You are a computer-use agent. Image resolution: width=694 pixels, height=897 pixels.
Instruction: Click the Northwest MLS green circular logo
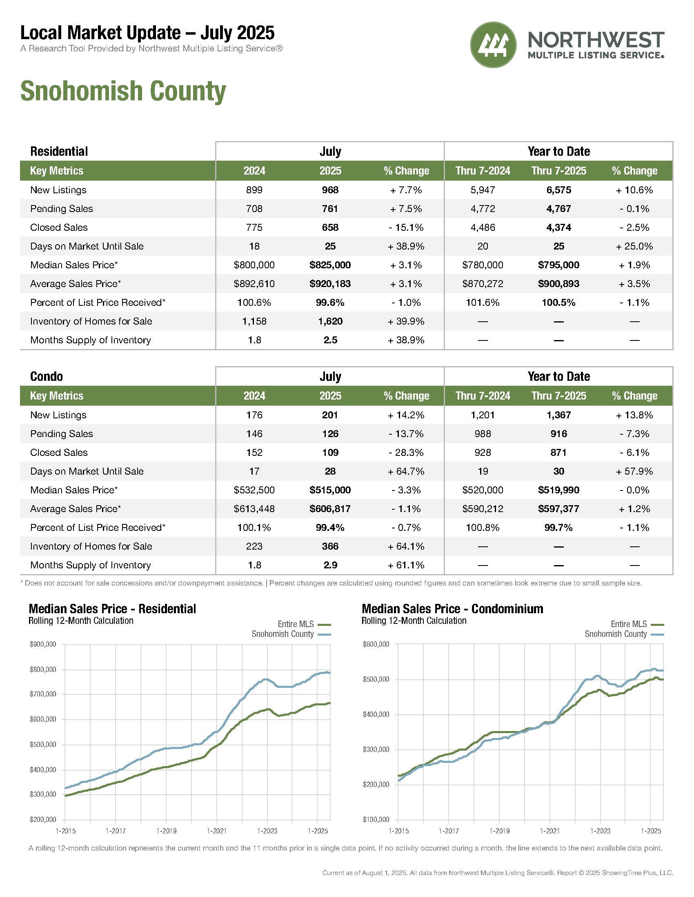click(x=493, y=45)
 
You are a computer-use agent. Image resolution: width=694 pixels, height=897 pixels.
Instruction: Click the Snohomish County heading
click(x=123, y=91)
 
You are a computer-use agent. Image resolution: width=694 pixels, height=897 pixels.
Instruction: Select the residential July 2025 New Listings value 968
click(x=330, y=190)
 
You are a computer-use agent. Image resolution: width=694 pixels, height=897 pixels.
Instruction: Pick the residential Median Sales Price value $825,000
click(x=330, y=265)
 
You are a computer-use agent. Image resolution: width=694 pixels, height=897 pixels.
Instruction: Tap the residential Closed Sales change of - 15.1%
click(x=406, y=228)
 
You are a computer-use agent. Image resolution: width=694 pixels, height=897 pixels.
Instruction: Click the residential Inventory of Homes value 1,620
click(x=330, y=321)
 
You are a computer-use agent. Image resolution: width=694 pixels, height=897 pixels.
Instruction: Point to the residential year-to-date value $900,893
click(x=558, y=284)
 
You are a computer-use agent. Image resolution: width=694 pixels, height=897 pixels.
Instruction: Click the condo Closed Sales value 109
click(x=330, y=453)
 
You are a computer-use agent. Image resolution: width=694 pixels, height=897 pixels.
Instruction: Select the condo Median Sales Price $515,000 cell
click(x=330, y=490)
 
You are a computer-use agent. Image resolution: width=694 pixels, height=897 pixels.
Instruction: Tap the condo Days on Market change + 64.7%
click(x=406, y=471)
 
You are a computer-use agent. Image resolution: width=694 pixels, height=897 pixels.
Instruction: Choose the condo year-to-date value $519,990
click(x=558, y=490)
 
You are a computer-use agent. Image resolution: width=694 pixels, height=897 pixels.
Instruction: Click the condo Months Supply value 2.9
click(x=330, y=565)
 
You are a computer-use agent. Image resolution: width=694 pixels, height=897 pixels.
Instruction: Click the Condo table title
click(x=47, y=376)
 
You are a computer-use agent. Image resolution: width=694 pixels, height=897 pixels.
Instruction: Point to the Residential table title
click(x=59, y=151)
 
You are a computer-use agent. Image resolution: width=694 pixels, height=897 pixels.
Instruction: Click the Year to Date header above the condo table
click(x=558, y=376)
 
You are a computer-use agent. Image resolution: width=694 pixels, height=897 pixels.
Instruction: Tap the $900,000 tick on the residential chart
click(x=43, y=644)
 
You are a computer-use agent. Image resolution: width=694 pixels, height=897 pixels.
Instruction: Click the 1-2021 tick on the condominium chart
click(x=550, y=831)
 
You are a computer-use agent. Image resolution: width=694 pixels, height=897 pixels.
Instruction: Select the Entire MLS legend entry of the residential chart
click(x=304, y=624)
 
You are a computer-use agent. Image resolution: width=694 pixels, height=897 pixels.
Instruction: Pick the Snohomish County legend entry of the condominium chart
click(x=624, y=634)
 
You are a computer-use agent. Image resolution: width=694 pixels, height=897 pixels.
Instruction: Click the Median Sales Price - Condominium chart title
click(x=452, y=609)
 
